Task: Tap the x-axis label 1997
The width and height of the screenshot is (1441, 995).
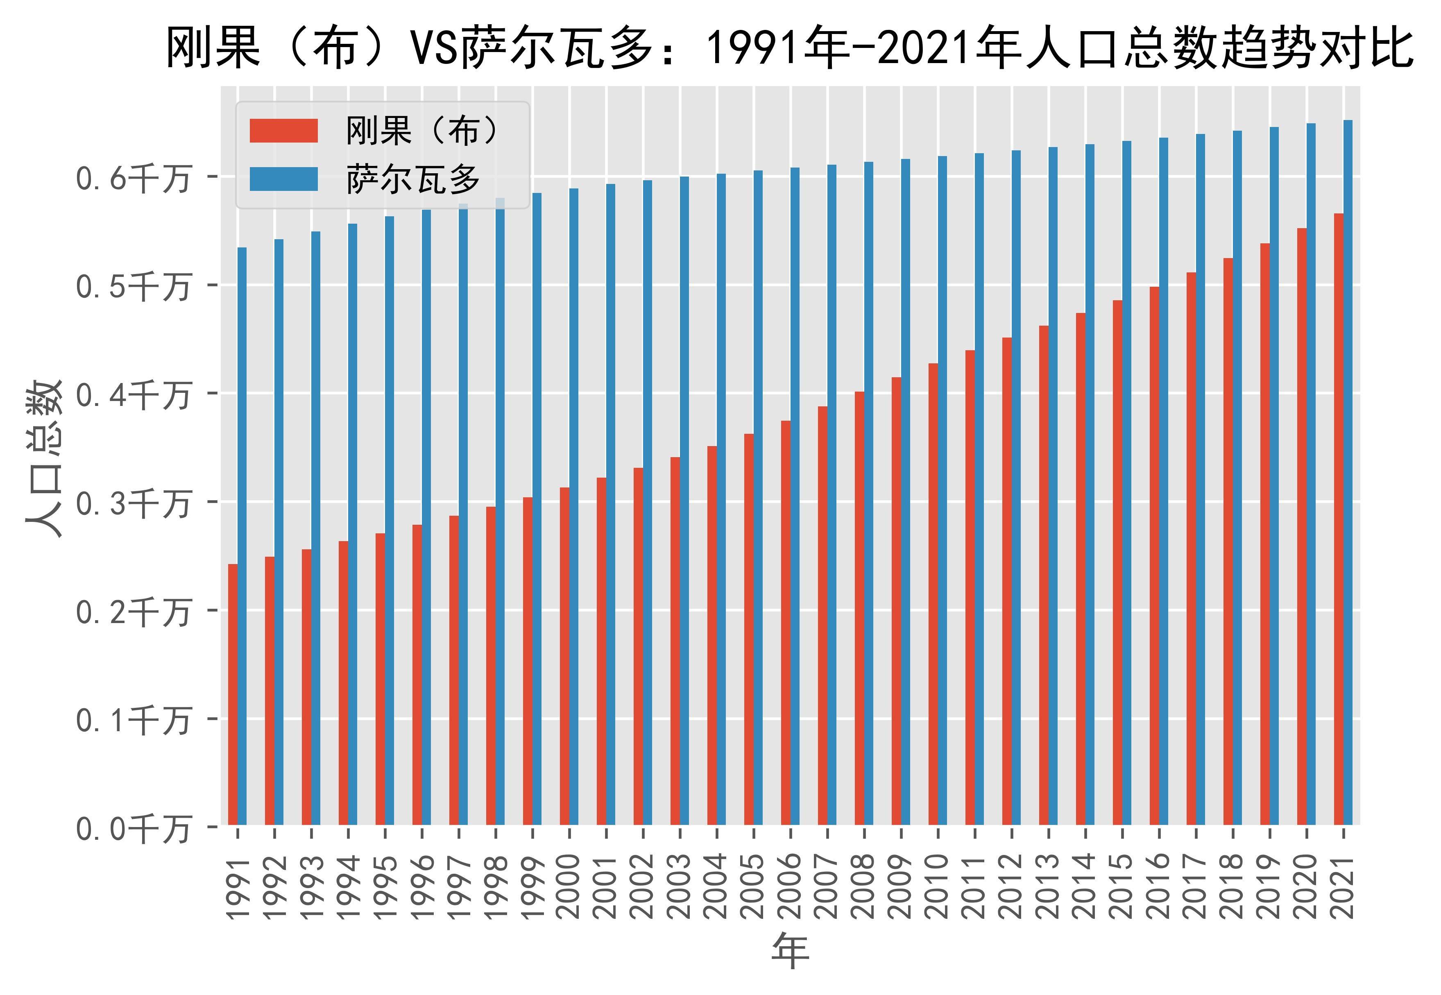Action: click(459, 886)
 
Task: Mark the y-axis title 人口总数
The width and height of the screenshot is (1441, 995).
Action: click(45, 458)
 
